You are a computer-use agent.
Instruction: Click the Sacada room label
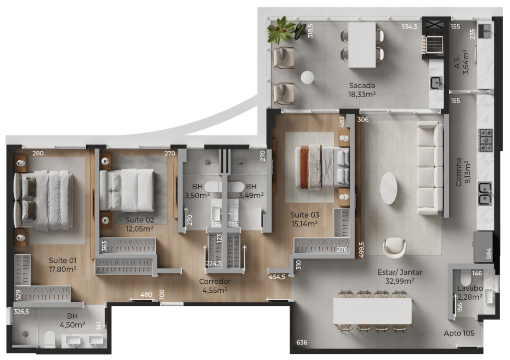[x=362, y=86]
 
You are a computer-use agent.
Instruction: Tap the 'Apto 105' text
[x=459, y=333]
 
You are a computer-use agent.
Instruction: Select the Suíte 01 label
[x=62, y=260]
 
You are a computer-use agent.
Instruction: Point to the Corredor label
[x=215, y=281]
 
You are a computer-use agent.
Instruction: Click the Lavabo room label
[x=470, y=288]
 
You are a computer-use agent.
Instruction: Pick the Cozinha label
[x=459, y=172]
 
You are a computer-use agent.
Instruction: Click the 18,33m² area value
[x=362, y=94]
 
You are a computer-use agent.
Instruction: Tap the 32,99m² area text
[x=400, y=281]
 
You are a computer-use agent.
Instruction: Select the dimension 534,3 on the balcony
[x=409, y=26]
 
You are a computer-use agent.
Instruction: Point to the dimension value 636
[x=301, y=343]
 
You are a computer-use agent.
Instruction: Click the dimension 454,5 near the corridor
[x=277, y=277]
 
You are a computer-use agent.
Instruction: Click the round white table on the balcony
[x=307, y=78]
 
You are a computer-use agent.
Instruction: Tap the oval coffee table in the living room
[x=388, y=188]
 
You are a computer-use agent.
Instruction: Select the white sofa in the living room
[x=430, y=168]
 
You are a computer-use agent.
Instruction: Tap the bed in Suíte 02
[x=127, y=190]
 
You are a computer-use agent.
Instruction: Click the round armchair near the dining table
[x=394, y=248]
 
